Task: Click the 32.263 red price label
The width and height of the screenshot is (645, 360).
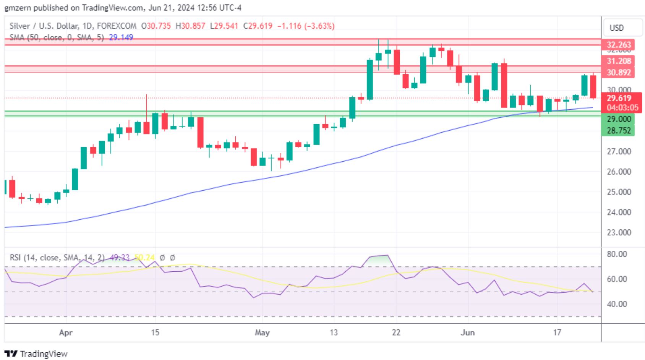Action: (x=619, y=45)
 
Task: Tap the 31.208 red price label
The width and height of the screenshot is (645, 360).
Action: (x=619, y=61)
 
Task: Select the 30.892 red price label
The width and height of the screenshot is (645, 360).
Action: (x=619, y=73)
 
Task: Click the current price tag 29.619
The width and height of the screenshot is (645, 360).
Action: (x=619, y=98)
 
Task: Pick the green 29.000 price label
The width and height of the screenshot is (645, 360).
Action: (x=619, y=119)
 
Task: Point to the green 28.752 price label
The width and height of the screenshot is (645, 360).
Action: (x=619, y=131)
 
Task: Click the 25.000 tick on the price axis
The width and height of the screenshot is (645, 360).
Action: (x=619, y=192)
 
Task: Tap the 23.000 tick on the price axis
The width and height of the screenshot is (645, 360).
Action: (x=619, y=232)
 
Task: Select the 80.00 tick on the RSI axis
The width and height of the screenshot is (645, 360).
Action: (x=617, y=254)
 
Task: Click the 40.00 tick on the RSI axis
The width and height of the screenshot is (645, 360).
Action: (x=617, y=304)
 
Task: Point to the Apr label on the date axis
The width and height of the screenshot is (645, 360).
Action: (x=66, y=332)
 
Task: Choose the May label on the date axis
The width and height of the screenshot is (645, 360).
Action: (x=262, y=332)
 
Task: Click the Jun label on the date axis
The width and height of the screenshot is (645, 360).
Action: (x=468, y=332)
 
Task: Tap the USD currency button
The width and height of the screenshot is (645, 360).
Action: (x=616, y=28)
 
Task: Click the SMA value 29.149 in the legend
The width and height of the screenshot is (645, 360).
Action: (x=121, y=37)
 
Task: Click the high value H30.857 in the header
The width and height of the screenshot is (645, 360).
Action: (x=190, y=26)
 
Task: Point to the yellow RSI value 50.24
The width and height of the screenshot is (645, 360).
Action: (x=144, y=258)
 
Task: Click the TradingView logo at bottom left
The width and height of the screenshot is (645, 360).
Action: (x=36, y=354)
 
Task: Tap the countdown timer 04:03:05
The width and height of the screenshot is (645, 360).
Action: (x=622, y=108)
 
